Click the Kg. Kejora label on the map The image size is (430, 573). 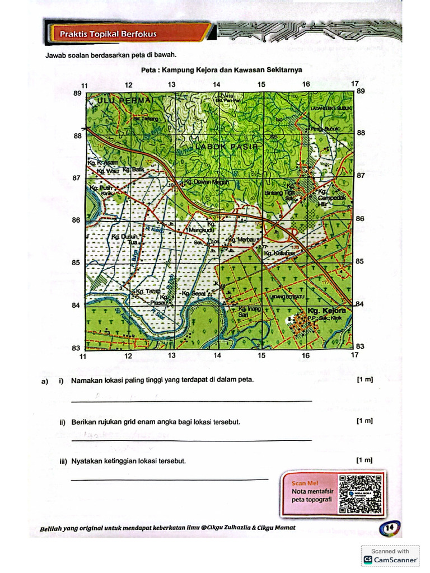point(327,311)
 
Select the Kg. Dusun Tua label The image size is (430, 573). point(125,239)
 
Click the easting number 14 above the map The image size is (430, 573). point(217,84)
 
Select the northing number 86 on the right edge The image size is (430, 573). point(360,218)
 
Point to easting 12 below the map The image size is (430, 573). point(128,355)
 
